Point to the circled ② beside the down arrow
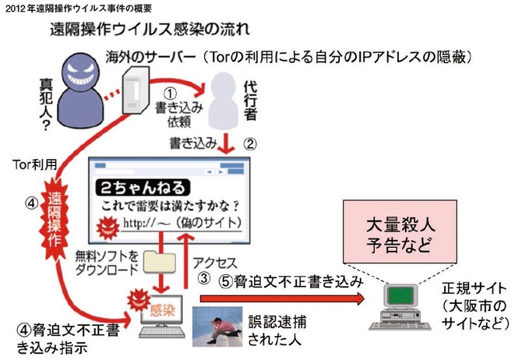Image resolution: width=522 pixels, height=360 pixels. (x=249, y=143)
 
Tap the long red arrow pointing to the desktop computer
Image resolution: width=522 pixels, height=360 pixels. (x=280, y=297)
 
